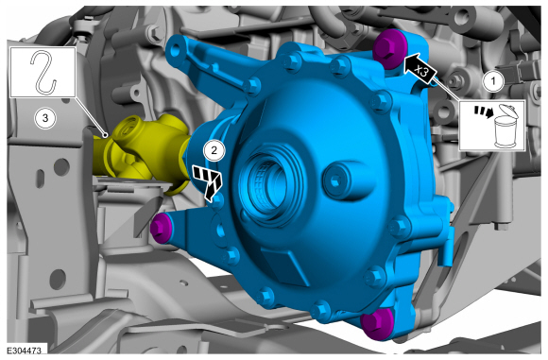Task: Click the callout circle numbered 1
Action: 493,81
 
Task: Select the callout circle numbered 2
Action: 214,150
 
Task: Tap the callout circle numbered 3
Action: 45,118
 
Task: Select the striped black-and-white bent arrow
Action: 208,181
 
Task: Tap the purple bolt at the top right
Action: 389,48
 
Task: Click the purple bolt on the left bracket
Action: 162,228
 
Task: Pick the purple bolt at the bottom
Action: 377,325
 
